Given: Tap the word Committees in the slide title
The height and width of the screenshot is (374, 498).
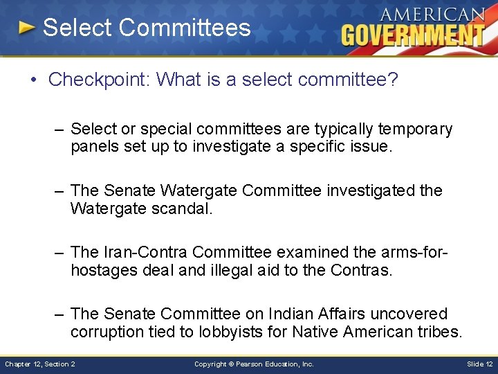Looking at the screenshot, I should pyautogui.click(x=184, y=28).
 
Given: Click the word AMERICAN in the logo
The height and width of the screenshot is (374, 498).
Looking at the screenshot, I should pyautogui.click(x=432, y=14).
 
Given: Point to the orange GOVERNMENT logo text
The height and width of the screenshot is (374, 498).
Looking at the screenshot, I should pyautogui.click(x=414, y=35).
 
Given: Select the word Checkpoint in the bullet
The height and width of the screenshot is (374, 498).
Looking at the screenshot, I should pyautogui.click(x=99, y=80).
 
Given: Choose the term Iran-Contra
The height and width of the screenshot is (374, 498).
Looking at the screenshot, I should pyautogui.click(x=147, y=252).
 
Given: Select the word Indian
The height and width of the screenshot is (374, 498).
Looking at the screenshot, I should pyautogui.click(x=320, y=314).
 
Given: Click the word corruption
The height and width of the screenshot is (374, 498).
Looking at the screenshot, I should pyautogui.click(x=107, y=332).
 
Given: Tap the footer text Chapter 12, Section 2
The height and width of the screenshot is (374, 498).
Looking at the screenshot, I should pyautogui.click(x=40, y=364).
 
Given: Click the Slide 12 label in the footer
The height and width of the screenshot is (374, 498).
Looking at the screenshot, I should pyautogui.click(x=479, y=364).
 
